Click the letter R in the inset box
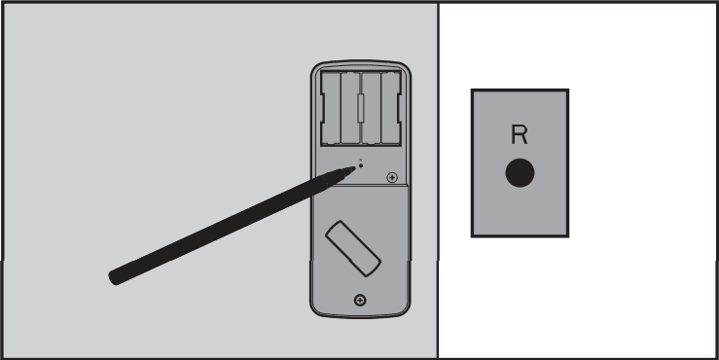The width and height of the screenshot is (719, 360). click(520, 135)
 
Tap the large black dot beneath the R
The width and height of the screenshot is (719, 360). click(520, 173)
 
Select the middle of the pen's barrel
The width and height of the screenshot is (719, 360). click(232, 223)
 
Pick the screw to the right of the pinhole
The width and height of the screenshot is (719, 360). click(392, 177)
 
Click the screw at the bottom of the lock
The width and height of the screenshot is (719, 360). click(361, 299)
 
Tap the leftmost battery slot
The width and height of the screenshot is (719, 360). click(331, 107)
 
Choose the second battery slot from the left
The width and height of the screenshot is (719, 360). click(349, 107)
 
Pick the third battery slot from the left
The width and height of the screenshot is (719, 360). click(371, 107)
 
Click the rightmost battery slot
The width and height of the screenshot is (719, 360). click(390, 107)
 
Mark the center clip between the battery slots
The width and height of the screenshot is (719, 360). click(360, 107)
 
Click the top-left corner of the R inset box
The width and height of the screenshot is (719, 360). click(472, 90)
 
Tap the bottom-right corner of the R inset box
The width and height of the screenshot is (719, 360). click(568, 236)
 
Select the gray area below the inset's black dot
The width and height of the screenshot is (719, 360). click(520, 212)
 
